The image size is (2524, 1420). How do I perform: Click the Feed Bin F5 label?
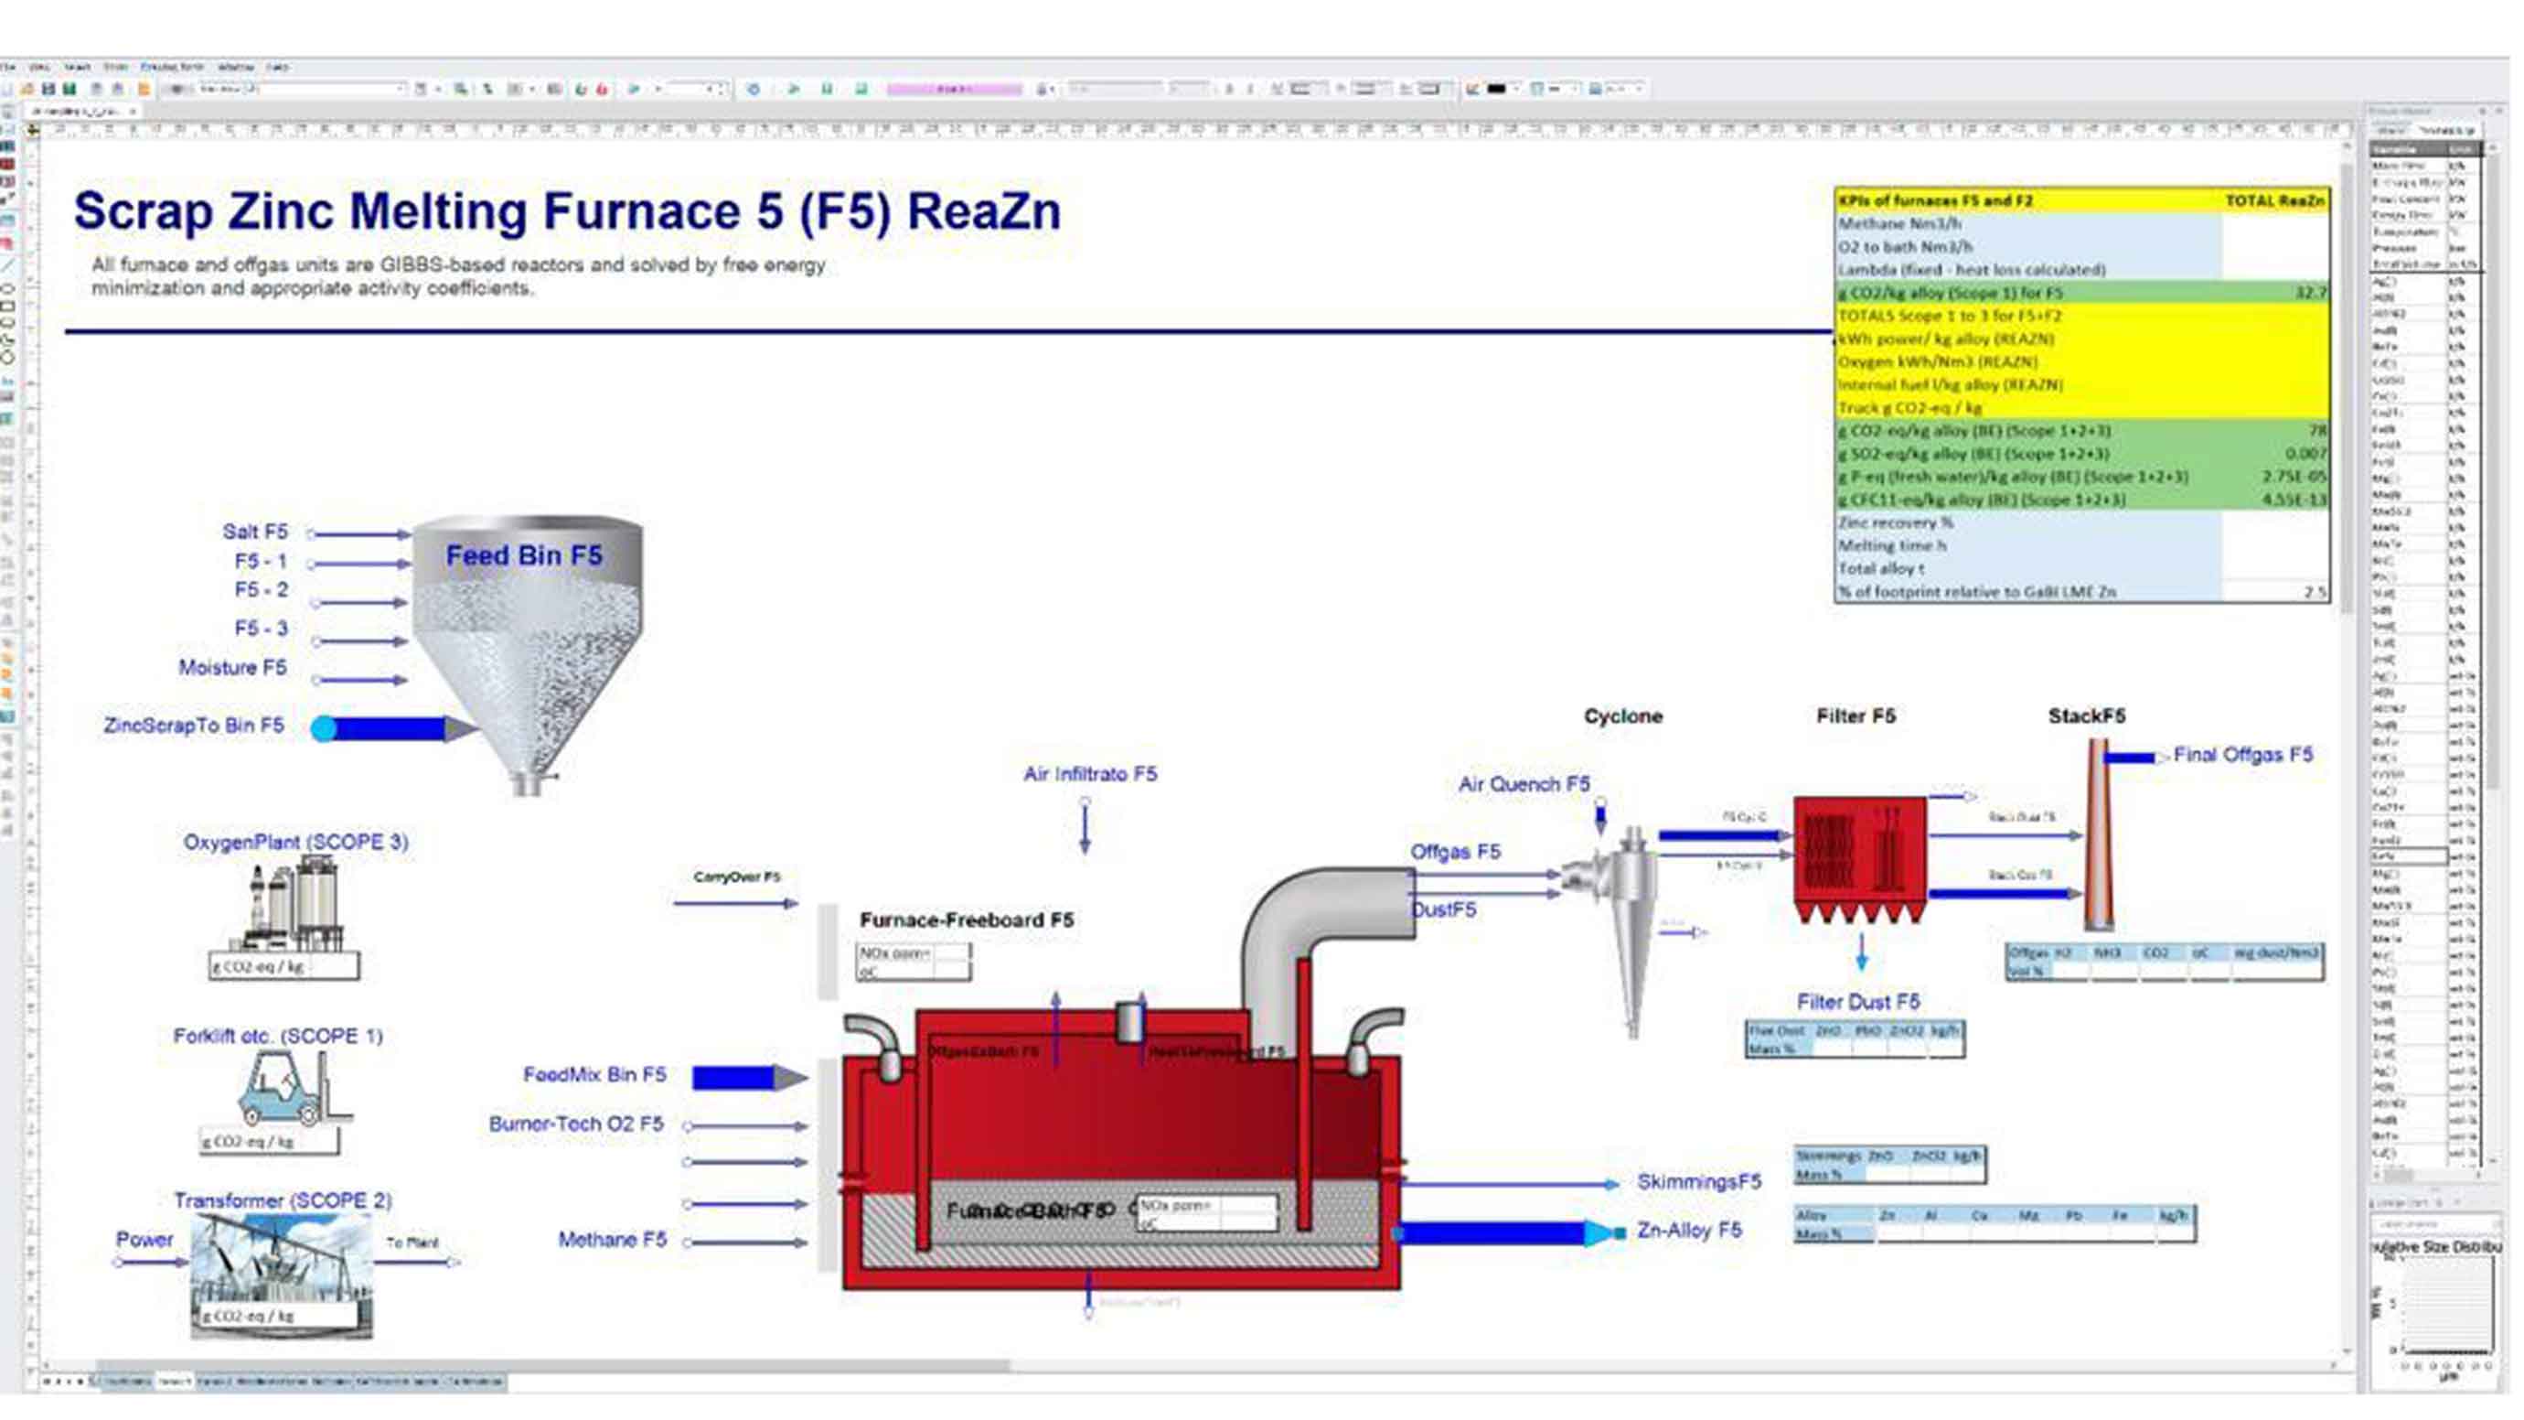tap(523, 555)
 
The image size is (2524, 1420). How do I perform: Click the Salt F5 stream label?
tap(255, 532)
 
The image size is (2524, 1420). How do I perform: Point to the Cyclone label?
tap(1622, 716)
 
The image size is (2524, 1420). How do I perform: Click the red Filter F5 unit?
tap(1858, 857)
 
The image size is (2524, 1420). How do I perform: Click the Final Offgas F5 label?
tap(2241, 755)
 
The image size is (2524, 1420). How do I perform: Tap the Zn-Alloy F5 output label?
tap(1689, 1230)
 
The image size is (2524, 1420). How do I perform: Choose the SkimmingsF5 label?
tap(1698, 1182)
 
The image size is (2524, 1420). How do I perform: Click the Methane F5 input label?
tap(612, 1240)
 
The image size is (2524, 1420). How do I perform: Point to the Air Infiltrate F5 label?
tap(1089, 774)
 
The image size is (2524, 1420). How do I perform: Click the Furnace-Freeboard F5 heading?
tap(966, 920)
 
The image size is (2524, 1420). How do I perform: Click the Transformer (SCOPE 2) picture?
tap(282, 1274)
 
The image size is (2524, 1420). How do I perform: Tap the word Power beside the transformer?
tap(144, 1239)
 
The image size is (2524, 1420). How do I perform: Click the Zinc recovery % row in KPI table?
tap(1895, 522)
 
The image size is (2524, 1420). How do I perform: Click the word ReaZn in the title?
tap(983, 211)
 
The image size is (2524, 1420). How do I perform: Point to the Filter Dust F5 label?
tap(1856, 1002)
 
